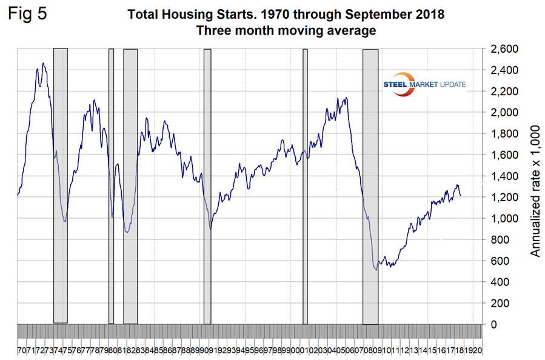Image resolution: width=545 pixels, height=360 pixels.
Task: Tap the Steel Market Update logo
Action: tap(424, 84)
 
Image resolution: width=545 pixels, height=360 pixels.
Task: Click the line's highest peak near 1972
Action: tap(43, 63)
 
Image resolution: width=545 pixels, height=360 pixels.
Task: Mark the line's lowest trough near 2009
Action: tap(376, 269)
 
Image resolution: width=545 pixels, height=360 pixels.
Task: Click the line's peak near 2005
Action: tap(346, 98)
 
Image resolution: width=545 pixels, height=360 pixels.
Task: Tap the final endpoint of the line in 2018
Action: tap(460, 196)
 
